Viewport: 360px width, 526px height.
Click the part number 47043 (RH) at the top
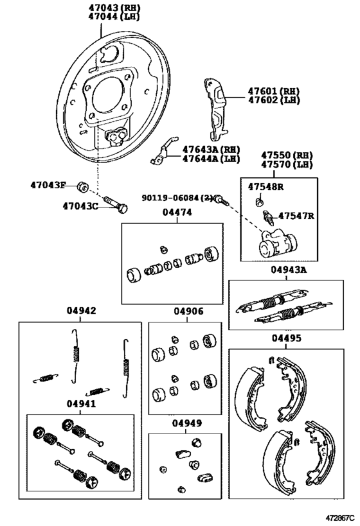114,7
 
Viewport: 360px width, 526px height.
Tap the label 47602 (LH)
274,100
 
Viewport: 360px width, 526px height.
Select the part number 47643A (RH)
212,149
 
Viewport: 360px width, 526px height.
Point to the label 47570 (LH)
287,164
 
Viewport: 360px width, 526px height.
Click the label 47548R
265,187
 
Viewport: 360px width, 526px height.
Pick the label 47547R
296,216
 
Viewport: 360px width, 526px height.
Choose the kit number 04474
177,213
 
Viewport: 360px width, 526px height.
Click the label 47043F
48,185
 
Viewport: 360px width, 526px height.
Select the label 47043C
80,206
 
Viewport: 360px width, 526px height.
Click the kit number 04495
287,338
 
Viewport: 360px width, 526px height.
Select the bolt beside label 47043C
116,204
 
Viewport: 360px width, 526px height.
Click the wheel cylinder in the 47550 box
277,243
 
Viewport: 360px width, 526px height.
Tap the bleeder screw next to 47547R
269,218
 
